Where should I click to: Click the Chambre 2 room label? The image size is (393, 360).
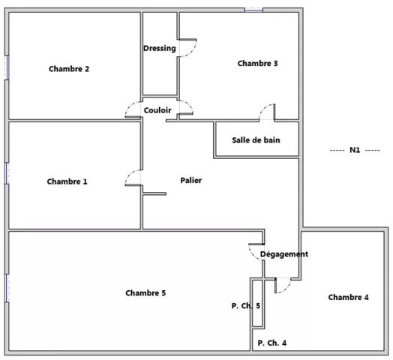[69, 69]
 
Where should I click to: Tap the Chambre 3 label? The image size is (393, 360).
[258, 63]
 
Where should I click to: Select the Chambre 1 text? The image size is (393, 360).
[67, 181]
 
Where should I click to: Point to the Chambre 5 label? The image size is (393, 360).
[145, 292]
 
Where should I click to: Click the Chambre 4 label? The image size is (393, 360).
[349, 297]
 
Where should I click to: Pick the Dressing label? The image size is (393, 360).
[160, 48]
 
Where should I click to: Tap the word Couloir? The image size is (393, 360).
[157, 110]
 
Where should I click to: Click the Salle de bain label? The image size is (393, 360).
[256, 140]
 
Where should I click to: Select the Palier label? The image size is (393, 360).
[191, 180]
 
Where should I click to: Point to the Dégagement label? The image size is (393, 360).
[284, 254]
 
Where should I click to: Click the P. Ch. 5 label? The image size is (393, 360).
[246, 305]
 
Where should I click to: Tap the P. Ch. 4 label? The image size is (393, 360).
[272, 343]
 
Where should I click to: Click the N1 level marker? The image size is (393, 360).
[355, 150]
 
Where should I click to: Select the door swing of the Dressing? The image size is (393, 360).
[193, 51]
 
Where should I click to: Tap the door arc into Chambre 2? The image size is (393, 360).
[129, 107]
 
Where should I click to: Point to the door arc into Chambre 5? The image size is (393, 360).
[252, 254]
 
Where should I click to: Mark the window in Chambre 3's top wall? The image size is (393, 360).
[253, 10]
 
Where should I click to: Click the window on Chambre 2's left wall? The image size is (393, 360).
[7, 67]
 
